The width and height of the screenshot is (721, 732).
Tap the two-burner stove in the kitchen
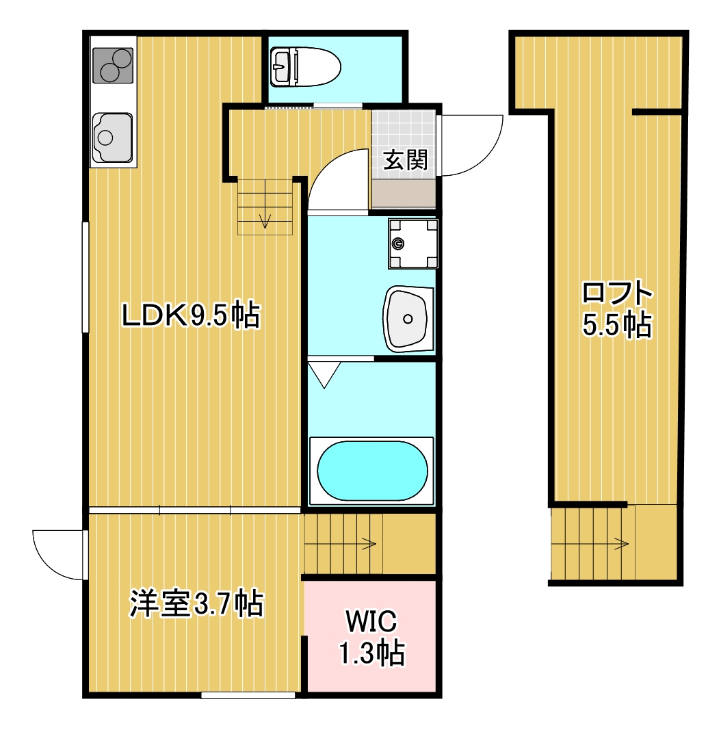[x=112, y=65]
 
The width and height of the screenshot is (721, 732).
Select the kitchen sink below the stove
[x=112, y=137]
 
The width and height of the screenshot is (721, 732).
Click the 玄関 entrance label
[x=405, y=160]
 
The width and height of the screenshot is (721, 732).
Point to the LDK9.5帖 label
[x=190, y=315]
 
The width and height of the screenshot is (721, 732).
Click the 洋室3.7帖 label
[x=196, y=603]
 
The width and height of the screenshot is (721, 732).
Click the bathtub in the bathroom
[x=372, y=470]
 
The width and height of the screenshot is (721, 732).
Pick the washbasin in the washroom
[x=408, y=318]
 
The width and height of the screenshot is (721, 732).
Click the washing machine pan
[x=413, y=243]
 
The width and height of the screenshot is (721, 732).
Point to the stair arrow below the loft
[x=621, y=545]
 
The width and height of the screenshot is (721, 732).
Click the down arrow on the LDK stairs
[x=265, y=220]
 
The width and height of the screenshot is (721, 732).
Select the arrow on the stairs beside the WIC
[x=369, y=545]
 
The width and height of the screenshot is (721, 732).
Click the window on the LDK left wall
[x=86, y=277]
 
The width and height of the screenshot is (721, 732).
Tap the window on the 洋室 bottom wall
[x=248, y=695]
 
